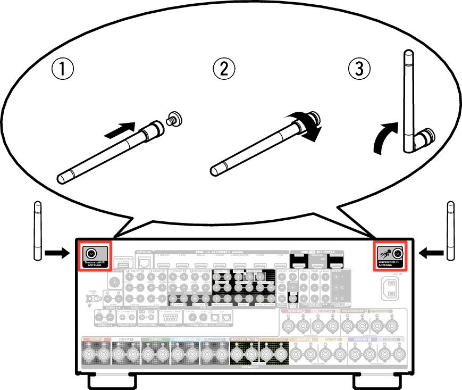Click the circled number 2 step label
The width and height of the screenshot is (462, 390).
[224, 69]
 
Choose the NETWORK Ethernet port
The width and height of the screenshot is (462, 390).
[144, 261]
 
